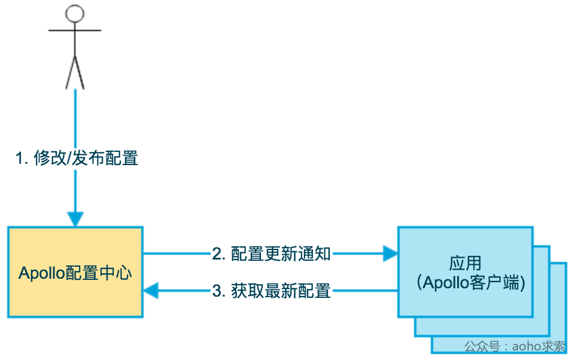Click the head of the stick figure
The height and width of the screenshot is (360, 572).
pos(74,14)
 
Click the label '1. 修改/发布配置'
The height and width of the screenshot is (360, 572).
pos(77,158)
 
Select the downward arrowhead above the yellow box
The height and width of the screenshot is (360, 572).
pos(75,219)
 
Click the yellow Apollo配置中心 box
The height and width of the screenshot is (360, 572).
pos(75,272)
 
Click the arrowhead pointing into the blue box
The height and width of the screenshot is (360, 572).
pos(391,254)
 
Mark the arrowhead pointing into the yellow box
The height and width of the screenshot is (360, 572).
pos(151,291)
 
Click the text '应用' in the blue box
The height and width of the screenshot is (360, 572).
pos(465,263)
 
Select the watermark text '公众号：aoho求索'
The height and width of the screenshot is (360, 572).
pos(515,346)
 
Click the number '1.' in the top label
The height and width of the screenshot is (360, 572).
pos(22,158)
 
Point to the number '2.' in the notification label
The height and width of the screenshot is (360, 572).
pos(218,254)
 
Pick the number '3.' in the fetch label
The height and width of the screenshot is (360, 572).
pos(218,291)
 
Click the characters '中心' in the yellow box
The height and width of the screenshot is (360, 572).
pos(119,273)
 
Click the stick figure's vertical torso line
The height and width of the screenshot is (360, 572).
pos(74,42)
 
